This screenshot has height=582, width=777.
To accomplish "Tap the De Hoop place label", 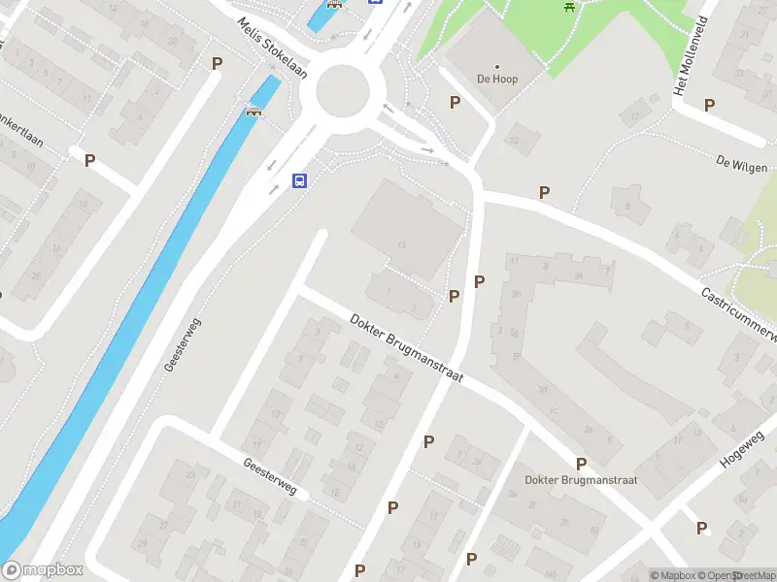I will [x=496, y=79].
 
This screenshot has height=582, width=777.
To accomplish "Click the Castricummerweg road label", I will [x=741, y=311].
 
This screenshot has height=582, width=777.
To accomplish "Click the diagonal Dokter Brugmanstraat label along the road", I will [x=407, y=348].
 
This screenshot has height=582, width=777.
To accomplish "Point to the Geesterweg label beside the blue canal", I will [x=183, y=346].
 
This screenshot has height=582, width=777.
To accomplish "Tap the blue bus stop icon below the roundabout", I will [x=300, y=180].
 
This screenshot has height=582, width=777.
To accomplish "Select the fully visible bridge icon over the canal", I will [x=255, y=110].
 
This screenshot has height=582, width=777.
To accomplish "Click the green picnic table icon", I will [x=569, y=7].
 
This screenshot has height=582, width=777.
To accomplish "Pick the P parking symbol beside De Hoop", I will [x=454, y=102].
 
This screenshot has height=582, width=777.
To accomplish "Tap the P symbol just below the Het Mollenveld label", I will [x=709, y=105].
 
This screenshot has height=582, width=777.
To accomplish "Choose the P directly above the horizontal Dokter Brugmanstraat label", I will [x=581, y=464].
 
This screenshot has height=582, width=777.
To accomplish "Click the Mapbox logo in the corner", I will [x=43, y=570].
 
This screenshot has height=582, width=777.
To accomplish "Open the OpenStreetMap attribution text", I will [x=738, y=575].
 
